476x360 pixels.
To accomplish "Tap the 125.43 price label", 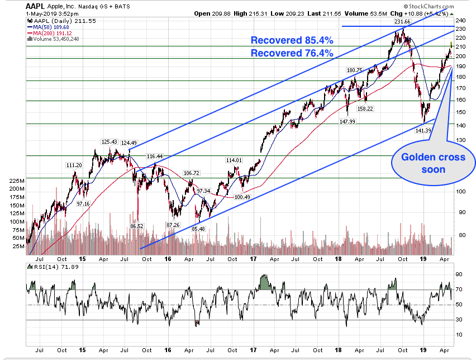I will click(109, 142).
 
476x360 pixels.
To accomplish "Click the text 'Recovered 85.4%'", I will click(292, 40).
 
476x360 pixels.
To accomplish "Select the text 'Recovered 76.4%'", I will click(292, 53).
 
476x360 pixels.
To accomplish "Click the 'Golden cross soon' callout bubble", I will click(433, 163).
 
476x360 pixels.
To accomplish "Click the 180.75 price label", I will click(354, 70).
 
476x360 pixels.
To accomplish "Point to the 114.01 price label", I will click(234, 160).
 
